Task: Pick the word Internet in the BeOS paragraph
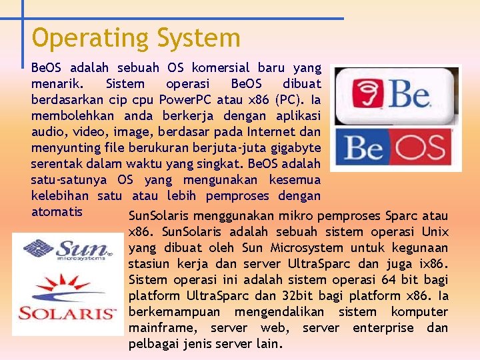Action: point(277,132)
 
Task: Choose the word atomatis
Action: point(57,212)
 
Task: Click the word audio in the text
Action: point(48,132)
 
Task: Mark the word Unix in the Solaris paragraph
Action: point(435,232)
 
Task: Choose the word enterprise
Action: point(385,328)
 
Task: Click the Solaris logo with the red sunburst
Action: point(66,300)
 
